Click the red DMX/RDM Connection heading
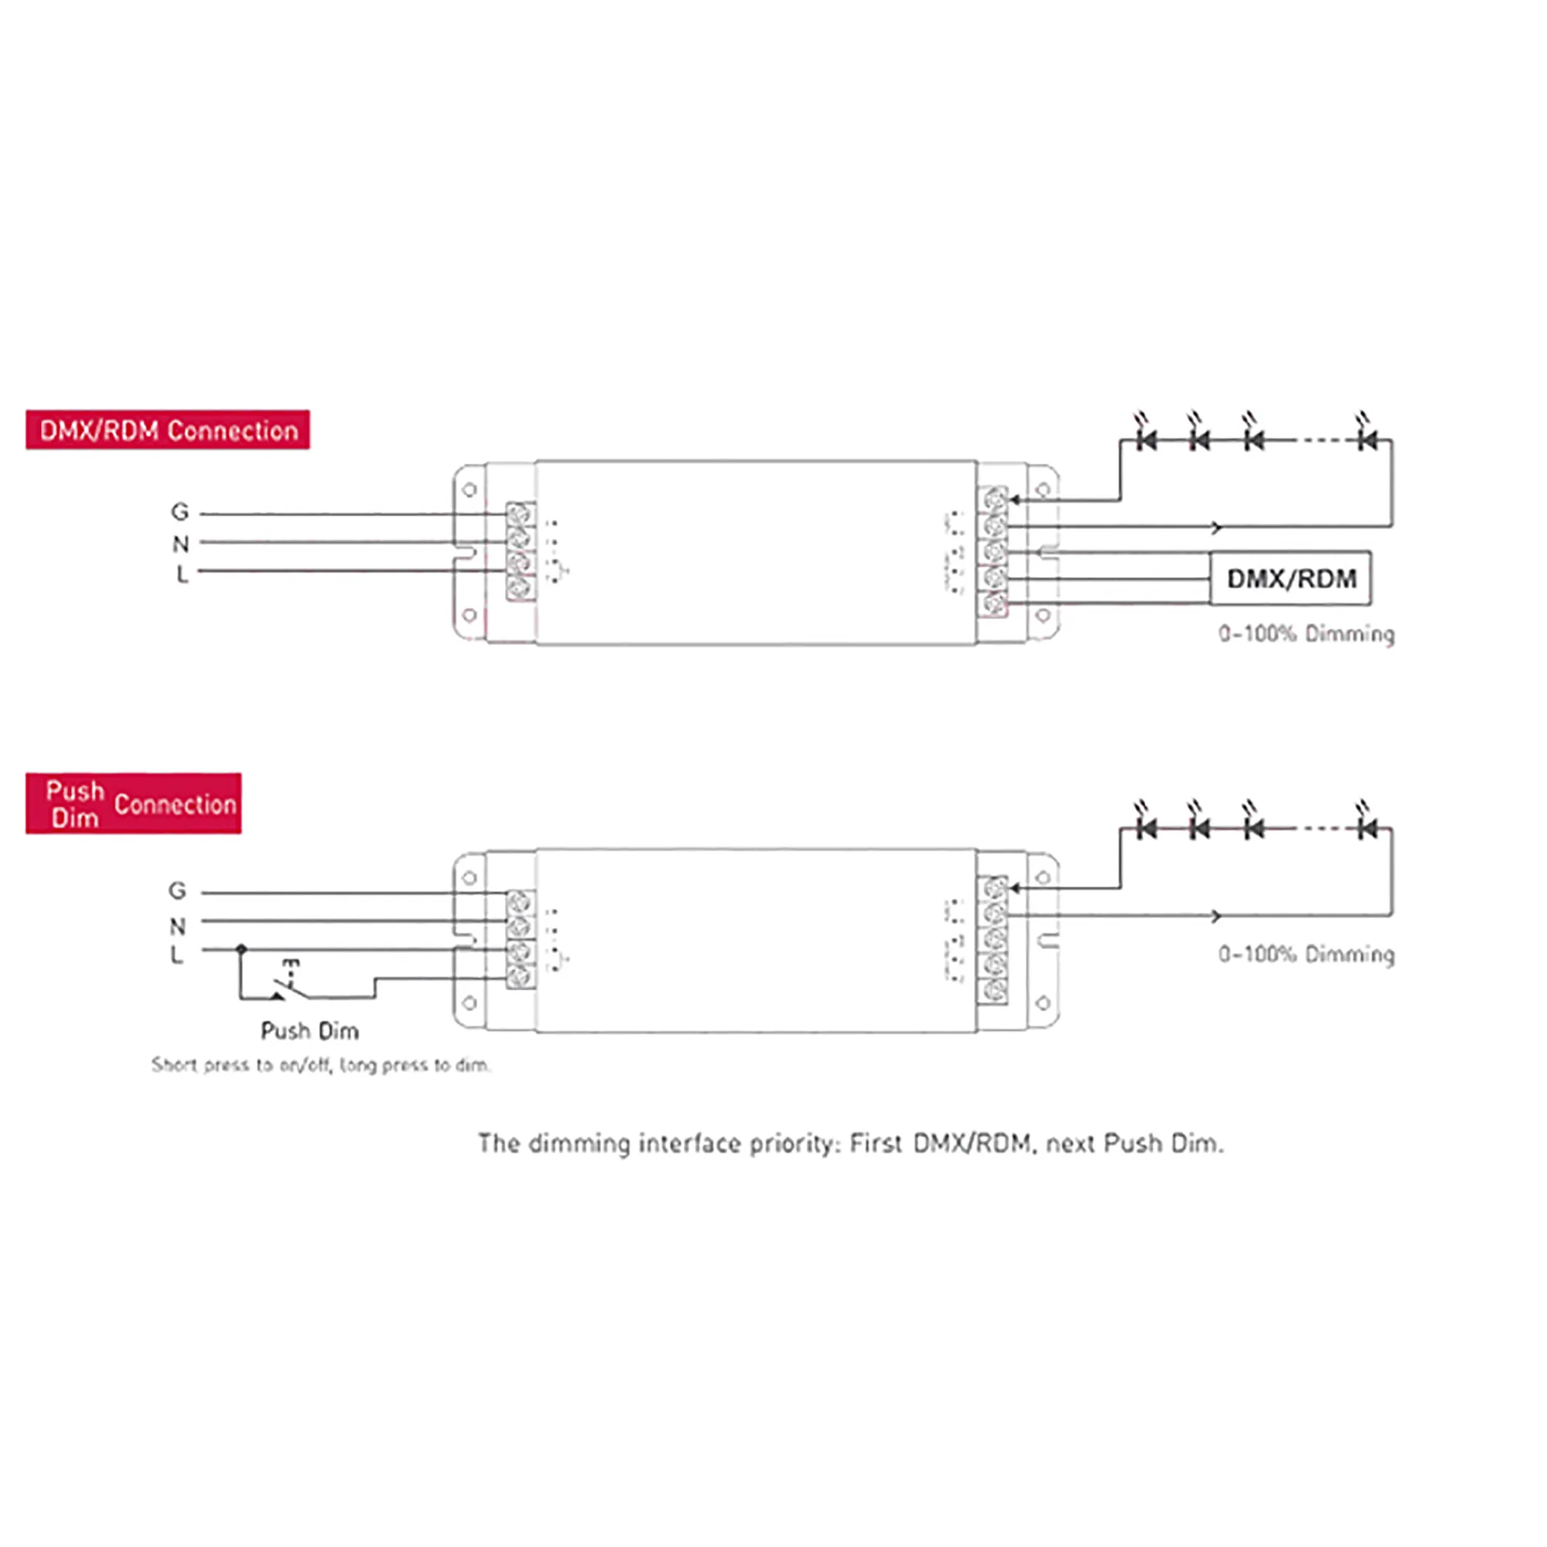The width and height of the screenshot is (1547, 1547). [167, 430]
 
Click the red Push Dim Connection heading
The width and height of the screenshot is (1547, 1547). [133, 803]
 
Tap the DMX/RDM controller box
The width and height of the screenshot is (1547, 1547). [1290, 578]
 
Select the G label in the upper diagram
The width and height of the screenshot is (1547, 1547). [180, 511]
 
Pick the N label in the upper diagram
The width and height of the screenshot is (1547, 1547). [180, 544]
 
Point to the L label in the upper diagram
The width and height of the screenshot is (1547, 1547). [182, 574]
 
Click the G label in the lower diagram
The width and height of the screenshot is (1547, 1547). [177, 890]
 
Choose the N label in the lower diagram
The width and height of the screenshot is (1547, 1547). [177, 926]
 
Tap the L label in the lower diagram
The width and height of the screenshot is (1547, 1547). [177, 954]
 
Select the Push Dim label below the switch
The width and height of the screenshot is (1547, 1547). [310, 1030]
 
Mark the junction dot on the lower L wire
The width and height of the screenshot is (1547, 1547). [241, 949]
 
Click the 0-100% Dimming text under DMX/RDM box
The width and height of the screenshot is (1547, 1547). [1306, 634]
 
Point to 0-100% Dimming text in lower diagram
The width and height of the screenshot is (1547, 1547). [1306, 954]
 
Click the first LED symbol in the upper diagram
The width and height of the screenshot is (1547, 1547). [1146, 439]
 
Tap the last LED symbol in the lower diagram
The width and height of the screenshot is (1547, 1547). [1367, 827]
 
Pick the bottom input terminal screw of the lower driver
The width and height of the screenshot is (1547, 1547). [521, 976]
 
